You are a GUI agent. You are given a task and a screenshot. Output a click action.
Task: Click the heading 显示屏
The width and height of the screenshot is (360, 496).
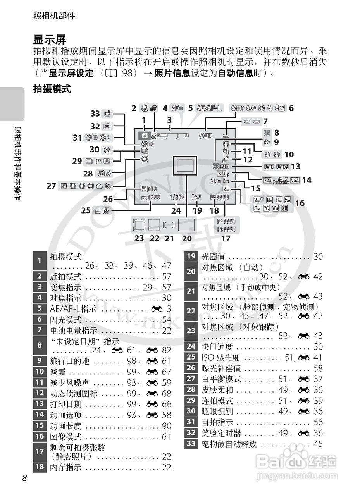click(x=50, y=40)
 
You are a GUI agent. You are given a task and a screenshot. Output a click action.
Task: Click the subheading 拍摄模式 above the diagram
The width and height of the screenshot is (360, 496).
click(x=52, y=89)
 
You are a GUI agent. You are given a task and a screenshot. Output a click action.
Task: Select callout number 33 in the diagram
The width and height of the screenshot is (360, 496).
click(x=95, y=114)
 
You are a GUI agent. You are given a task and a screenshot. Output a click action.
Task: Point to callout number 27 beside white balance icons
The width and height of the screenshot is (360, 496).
click(x=51, y=186)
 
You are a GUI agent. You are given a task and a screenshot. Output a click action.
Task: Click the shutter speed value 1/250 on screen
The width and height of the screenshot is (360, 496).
click(x=177, y=197)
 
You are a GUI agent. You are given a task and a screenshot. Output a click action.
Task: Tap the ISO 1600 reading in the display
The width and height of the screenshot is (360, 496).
click(x=151, y=197)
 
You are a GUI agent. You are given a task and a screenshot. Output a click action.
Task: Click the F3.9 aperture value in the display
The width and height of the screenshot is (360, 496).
click(x=197, y=197)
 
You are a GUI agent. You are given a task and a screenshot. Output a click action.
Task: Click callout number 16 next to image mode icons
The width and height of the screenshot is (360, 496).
click(x=299, y=203)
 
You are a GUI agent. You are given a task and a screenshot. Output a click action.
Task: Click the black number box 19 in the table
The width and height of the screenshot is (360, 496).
click(x=191, y=257)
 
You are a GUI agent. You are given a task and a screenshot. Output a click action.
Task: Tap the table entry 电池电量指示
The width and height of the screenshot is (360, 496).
click(x=74, y=331)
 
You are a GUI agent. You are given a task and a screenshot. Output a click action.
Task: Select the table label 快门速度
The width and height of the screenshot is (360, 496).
click(x=217, y=347)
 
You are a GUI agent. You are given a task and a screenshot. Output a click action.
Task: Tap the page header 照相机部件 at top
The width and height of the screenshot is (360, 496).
click(x=54, y=16)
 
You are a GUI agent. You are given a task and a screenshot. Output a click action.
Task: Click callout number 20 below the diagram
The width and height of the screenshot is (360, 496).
click(x=187, y=238)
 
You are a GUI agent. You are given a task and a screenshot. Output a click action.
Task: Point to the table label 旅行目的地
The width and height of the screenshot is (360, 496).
click(x=70, y=361)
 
